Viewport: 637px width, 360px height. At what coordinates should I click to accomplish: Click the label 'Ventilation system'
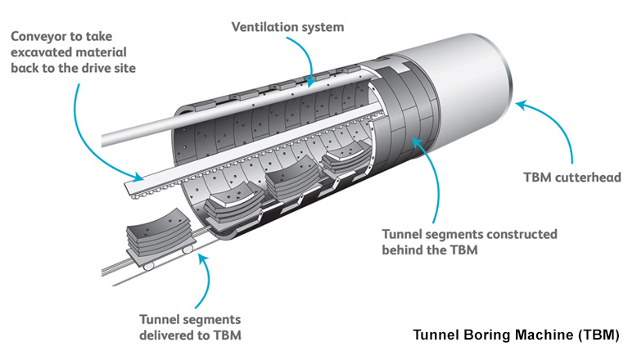[287, 27]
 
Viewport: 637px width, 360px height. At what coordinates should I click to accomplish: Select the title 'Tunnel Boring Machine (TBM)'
[517, 335]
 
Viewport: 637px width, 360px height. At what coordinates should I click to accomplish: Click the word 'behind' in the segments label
[401, 250]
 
